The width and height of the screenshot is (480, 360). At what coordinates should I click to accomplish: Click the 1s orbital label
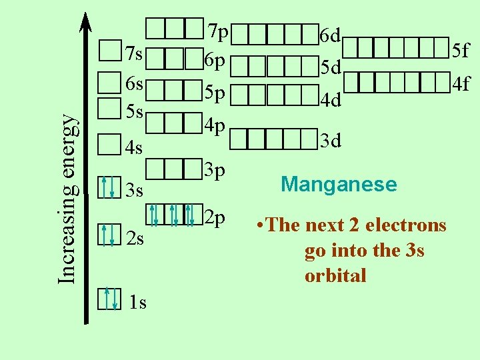point(137,303)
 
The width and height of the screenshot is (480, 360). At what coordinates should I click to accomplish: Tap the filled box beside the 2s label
point(108,235)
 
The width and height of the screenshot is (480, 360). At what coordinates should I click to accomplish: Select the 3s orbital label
point(135,191)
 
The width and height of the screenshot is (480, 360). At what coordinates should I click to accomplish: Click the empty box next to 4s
point(108,144)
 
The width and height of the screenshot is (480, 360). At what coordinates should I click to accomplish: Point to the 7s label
point(135,53)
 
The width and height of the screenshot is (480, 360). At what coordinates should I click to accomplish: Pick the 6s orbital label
point(135,84)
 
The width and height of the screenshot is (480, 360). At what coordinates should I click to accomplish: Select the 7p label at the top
point(217,31)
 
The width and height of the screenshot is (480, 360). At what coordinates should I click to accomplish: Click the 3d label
point(331,141)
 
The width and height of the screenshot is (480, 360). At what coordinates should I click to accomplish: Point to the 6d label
point(331,35)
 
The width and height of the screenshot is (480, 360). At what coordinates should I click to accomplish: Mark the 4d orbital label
point(331,101)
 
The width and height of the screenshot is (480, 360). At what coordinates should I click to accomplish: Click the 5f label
point(461,49)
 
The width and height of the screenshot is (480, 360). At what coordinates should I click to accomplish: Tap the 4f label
point(461,84)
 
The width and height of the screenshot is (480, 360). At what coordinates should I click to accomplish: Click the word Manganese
point(339,184)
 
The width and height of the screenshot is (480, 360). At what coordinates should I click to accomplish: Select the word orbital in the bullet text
point(335,275)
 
